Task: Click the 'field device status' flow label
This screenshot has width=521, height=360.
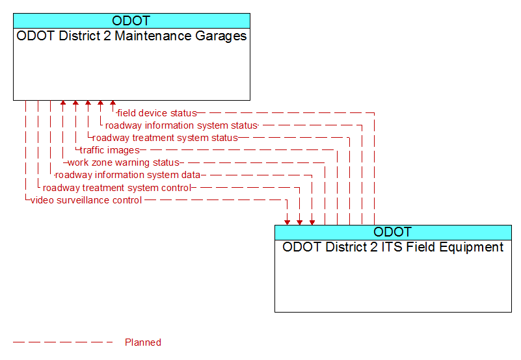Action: pos(157,113)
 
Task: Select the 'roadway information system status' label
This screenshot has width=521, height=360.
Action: pos(181,125)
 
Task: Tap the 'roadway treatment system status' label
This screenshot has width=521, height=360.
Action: pos(165,138)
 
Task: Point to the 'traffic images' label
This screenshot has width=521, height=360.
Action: pos(110,150)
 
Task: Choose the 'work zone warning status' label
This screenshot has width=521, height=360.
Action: pos(124,162)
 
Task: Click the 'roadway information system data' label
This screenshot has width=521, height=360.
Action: pos(128,175)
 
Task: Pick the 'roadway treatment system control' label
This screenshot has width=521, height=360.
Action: pos(117,188)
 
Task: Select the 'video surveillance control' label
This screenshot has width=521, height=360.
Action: pos(87,200)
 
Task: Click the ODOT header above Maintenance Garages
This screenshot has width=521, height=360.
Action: pos(131,21)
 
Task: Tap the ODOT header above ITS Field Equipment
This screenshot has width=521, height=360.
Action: pos(393,232)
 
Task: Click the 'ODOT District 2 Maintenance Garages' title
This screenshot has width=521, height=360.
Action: pos(131,36)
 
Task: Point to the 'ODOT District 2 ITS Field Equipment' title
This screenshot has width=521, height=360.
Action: pos(393,248)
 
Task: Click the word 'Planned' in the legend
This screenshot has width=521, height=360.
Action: pos(143,342)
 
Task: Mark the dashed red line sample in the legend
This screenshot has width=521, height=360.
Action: pos(63,342)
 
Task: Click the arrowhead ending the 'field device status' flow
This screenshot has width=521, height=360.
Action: pos(113,103)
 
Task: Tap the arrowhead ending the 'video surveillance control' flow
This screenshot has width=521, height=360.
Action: pos(287,222)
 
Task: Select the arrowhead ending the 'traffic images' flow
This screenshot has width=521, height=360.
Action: pos(75,103)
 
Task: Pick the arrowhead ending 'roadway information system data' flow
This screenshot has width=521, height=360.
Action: pos(312,222)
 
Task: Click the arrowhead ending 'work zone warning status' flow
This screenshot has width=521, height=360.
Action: pos(63,103)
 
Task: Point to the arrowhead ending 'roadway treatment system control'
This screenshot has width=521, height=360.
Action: pos(300,222)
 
